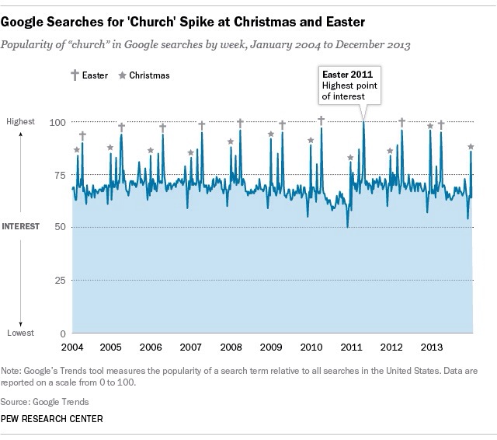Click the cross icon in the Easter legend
coord(75,75)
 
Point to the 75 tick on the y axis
coord(57,175)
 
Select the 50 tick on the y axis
coord(57,227)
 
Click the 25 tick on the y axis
coord(57,280)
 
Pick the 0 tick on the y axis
coord(61,332)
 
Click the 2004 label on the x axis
coord(71,346)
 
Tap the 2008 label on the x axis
coord(231,346)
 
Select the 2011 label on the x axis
coord(350,346)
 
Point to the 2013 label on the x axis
coord(430,346)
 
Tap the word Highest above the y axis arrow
coord(20,122)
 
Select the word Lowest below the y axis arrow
coord(20,333)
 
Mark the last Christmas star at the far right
coord(471,146)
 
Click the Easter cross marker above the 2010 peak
coord(321,120)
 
